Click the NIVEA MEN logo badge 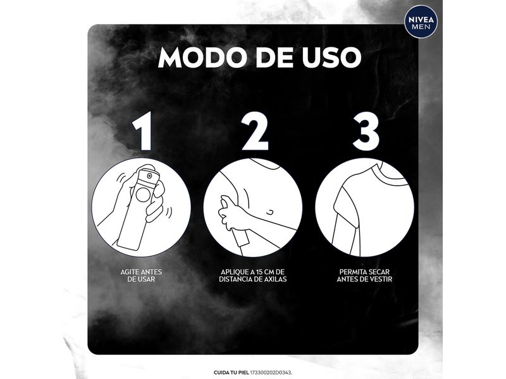tap(421, 22)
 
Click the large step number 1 tap(143, 131)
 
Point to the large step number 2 tap(255, 131)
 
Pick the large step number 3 tap(366, 131)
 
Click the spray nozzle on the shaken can tap(149, 176)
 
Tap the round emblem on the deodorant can tap(143, 195)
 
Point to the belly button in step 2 tap(271, 212)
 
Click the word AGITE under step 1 tap(130, 272)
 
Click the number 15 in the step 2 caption tap(256, 272)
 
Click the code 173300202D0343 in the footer tap(271, 373)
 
